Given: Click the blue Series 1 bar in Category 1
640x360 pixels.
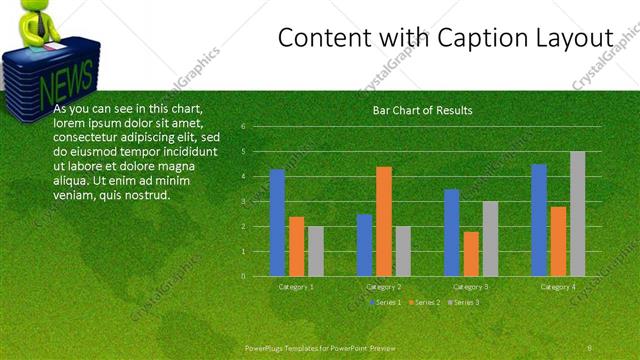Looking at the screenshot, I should (277, 223).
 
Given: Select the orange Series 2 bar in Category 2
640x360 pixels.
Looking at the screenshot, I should (384, 221).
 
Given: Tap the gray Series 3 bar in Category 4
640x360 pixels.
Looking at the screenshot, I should (578, 213).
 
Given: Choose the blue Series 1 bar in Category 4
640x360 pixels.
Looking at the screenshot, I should (539, 220).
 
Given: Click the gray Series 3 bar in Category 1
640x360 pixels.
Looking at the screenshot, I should (316, 251).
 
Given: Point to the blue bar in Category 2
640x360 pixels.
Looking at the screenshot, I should (364, 245).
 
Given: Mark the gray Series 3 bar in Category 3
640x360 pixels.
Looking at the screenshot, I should (490, 238).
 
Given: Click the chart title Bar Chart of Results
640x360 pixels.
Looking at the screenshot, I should (422, 110).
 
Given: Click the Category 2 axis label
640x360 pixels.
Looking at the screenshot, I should (383, 287).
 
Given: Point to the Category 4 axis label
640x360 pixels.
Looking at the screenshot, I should (558, 287).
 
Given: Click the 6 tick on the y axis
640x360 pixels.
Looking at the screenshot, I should (243, 126).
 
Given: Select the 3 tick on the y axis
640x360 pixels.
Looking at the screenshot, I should (243, 201).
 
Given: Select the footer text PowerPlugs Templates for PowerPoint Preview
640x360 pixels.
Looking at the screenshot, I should (320, 347).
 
